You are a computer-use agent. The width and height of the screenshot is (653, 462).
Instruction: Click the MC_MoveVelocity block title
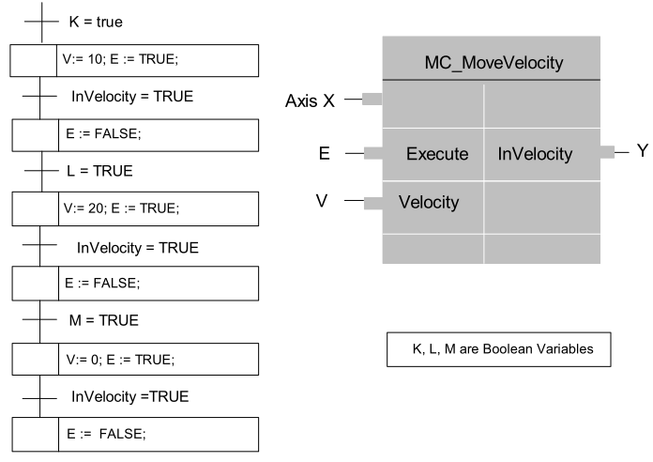pos(494,63)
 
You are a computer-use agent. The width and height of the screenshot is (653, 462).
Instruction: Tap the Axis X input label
pos(310,100)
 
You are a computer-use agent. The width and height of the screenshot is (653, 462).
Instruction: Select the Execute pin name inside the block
pos(437,153)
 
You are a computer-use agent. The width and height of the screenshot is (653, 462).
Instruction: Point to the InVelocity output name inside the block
pos(535,153)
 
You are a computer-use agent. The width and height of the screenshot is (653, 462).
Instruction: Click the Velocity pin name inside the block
pos(429,202)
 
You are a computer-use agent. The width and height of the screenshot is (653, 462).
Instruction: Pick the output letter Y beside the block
pos(643,150)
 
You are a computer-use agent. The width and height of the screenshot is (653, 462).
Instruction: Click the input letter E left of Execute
pos(325,153)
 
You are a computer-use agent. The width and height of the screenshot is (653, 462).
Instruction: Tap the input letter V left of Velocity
pos(322,201)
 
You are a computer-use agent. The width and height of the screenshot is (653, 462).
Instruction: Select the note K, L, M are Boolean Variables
pos(503,348)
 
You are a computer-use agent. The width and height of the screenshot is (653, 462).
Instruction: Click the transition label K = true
pos(96,22)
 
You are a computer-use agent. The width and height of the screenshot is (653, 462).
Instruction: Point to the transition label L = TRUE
pos(99,171)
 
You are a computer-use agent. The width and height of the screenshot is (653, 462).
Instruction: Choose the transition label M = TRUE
pos(104,320)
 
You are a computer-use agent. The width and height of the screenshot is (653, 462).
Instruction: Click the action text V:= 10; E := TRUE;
pos(120,59)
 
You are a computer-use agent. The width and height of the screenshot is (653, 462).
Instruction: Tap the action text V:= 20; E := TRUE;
pos(121,208)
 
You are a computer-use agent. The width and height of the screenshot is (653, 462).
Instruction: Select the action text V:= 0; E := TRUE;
pos(120,360)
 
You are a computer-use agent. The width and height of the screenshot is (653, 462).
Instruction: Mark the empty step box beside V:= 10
pos(34,60)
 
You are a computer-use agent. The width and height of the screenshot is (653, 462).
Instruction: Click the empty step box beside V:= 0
pos(36,359)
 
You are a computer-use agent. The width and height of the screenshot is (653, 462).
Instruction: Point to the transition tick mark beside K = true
pos(41,22)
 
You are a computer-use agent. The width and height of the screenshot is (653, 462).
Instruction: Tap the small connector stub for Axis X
pos(372,100)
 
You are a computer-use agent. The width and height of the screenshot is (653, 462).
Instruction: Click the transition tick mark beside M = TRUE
pos(39,320)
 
